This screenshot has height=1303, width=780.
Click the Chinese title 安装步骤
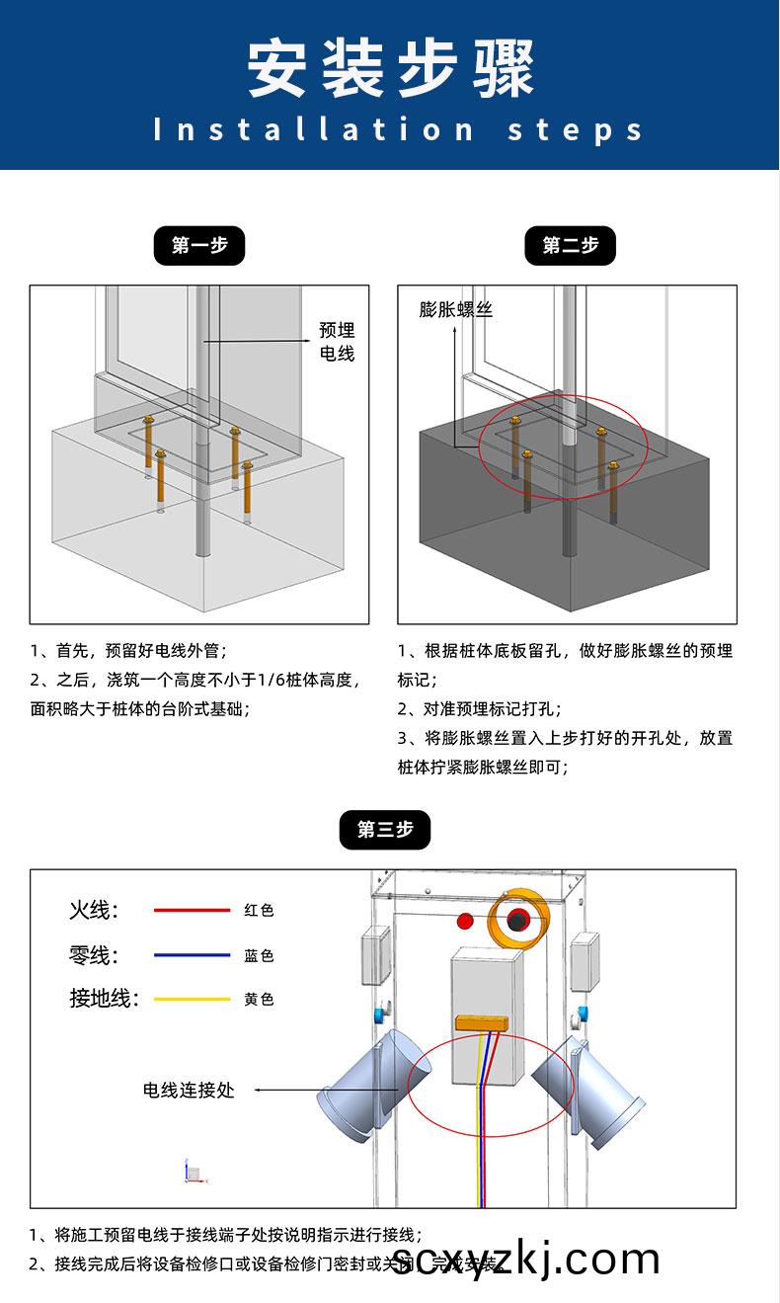(390, 69)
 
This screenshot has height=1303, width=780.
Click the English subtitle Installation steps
(399, 129)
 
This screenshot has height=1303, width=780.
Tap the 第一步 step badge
(198, 246)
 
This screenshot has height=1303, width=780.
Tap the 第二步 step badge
(570, 246)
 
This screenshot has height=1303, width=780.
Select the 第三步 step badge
(385, 829)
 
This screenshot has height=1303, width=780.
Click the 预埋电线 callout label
(336, 342)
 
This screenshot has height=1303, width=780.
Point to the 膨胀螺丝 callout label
(455, 309)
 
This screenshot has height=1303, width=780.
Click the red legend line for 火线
(192, 910)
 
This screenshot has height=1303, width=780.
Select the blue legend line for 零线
(192, 955)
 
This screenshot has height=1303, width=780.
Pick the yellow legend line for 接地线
(192, 999)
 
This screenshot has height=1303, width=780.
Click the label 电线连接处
(189, 1090)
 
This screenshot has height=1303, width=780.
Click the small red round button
(465, 922)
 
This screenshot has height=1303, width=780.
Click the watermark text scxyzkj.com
(525, 1260)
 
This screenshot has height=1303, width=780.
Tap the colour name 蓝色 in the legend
(259, 955)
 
